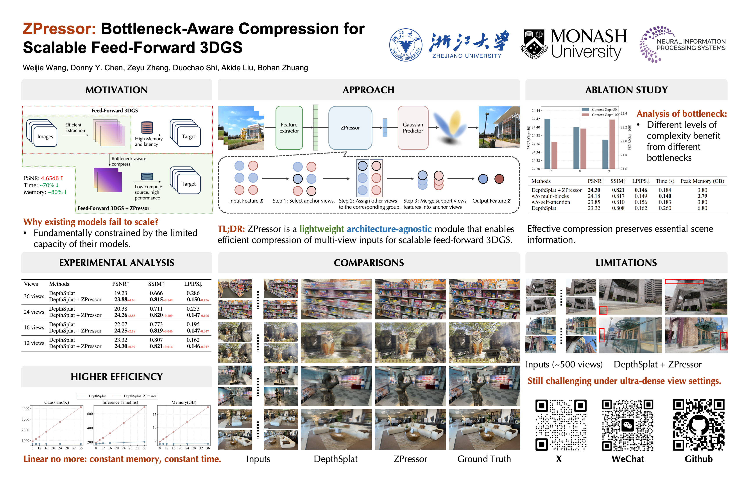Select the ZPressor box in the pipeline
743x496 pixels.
coord(350,128)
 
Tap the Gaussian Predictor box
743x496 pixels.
coord(413,128)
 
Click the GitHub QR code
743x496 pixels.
coord(698,425)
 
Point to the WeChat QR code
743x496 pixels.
coord(627,425)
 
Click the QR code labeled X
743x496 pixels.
coord(561,425)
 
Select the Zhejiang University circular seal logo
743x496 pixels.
coord(406,45)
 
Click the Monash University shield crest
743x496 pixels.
coord(534,45)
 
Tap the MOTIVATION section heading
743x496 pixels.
coord(116,90)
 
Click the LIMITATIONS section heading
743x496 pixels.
coord(626,263)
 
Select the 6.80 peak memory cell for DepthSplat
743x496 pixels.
coord(702,208)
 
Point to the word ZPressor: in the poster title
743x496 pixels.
coord(59,29)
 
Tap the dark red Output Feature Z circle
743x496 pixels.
coord(499,179)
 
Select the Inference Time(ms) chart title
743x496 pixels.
coord(120,402)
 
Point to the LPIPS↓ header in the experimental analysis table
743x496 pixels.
coord(193,284)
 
